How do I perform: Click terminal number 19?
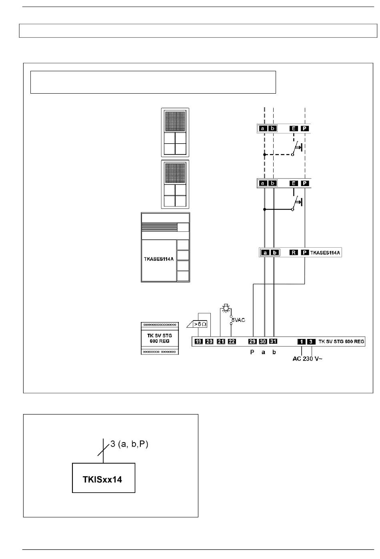click(x=199, y=341)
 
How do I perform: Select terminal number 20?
click(x=209, y=341)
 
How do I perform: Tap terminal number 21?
click(x=221, y=341)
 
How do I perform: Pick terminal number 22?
click(x=232, y=341)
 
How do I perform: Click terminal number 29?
click(x=252, y=341)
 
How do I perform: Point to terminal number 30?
click(x=263, y=341)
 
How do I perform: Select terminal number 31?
click(x=273, y=341)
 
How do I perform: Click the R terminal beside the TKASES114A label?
click(x=294, y=252)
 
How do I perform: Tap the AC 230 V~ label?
click(x=307, y=359)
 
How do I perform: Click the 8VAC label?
click(x=238, y=320)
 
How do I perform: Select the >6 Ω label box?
click(x=200, y=324)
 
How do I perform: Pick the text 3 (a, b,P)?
click(x=129, y=444)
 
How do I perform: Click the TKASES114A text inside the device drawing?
click(x=159, y=259)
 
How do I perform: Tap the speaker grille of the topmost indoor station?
click(x=175, y=121)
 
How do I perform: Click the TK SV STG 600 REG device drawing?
click(x=160, y=338)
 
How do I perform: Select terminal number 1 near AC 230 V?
click(x=302, y=342)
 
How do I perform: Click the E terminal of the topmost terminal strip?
click(x=294, y=128)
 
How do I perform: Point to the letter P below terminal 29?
click(x=252, y=352)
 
